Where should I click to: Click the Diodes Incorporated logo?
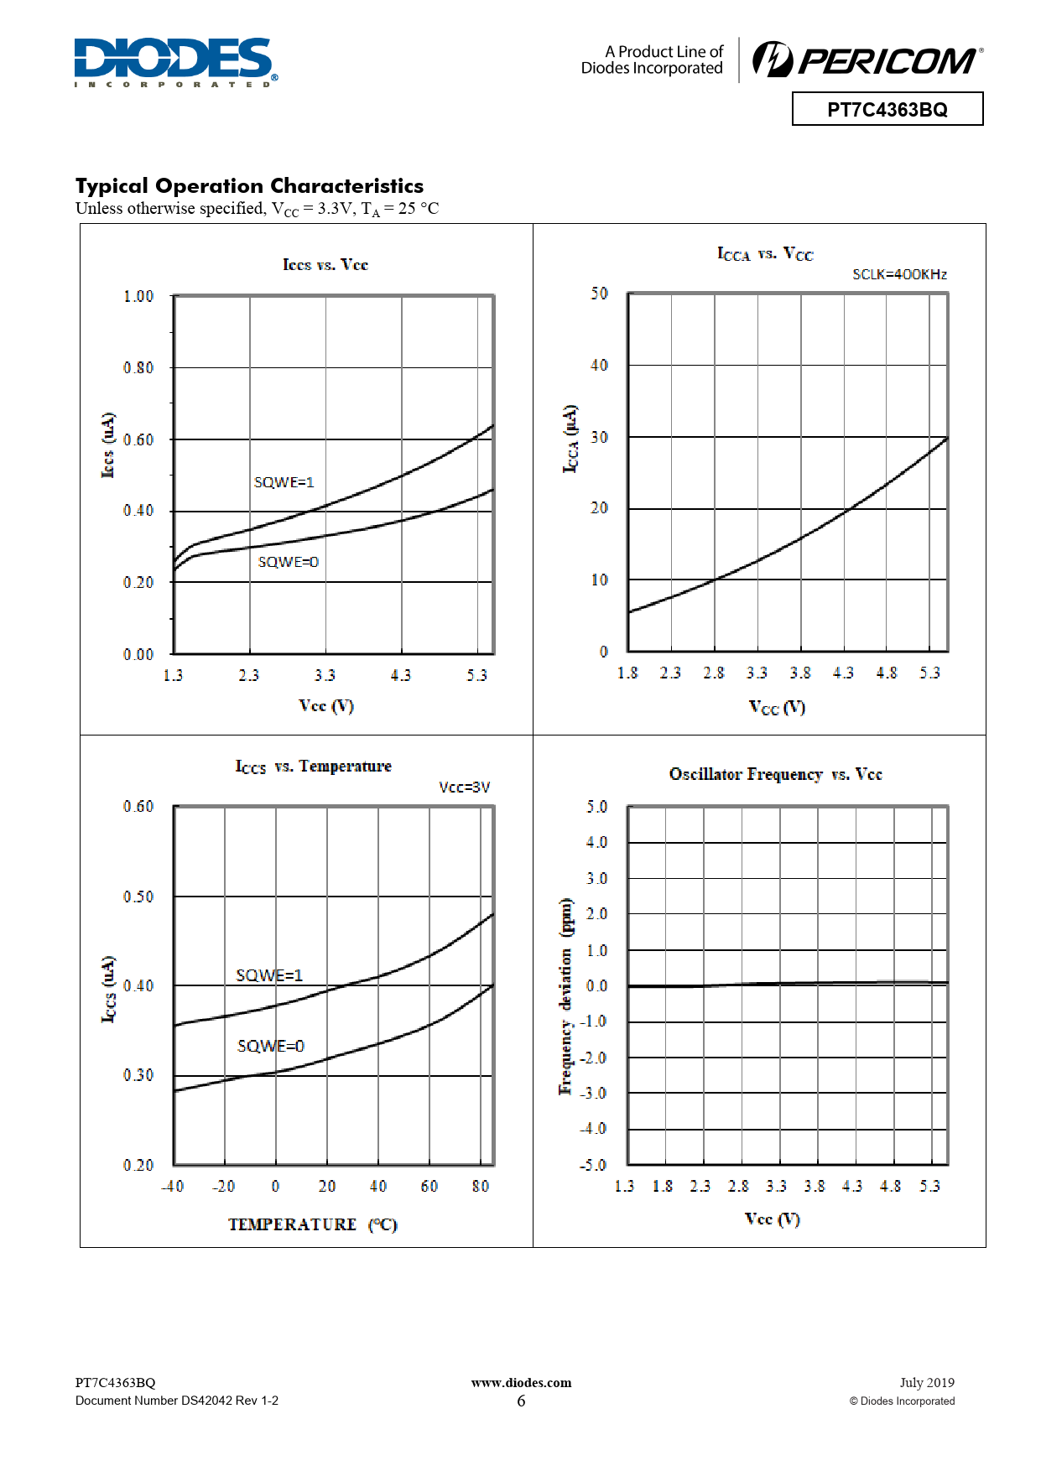point(174,61)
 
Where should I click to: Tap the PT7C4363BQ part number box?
point(887,109)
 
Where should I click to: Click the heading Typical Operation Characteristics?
point(249,185)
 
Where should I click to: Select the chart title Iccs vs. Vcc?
point(325,265)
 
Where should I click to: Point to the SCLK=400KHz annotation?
point(899,274)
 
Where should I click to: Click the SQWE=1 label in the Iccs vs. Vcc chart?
point(284,482)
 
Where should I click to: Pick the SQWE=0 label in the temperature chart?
point(271,1046)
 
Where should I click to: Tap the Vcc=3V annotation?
point(464,787)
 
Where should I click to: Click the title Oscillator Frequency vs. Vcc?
point(775,774)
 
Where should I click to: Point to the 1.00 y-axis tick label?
point(138,296)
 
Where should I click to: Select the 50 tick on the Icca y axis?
point(599,294)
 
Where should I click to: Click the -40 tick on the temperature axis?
point(173,1186)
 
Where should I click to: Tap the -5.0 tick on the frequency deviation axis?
point(592,1165)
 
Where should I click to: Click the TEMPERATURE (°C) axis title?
point(312,1224)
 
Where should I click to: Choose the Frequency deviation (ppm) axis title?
point(566,996)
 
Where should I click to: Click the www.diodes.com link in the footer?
point(521,1383)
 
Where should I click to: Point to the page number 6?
point(521,1401)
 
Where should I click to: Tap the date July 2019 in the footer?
point(927,1383)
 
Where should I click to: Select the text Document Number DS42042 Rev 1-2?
point(177,1401)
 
